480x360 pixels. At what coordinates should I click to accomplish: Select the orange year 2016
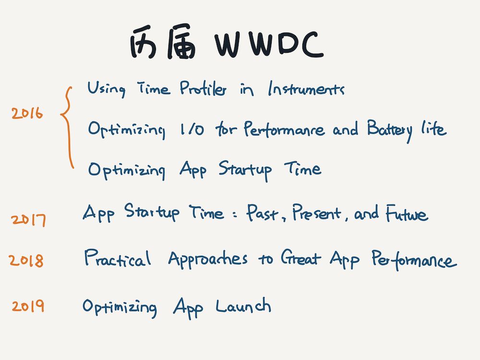point(27,113)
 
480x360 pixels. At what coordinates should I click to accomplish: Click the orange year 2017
point(28,220)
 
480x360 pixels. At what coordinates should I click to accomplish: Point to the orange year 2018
point(26,261)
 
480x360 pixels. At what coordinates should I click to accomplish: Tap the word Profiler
point(203,88)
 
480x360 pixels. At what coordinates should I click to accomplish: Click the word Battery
point(390,130)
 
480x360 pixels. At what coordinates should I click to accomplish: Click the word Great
point(300,258)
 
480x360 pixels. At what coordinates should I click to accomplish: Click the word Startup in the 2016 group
point(245,170)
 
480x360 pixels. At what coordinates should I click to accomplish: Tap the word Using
point(106,89)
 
